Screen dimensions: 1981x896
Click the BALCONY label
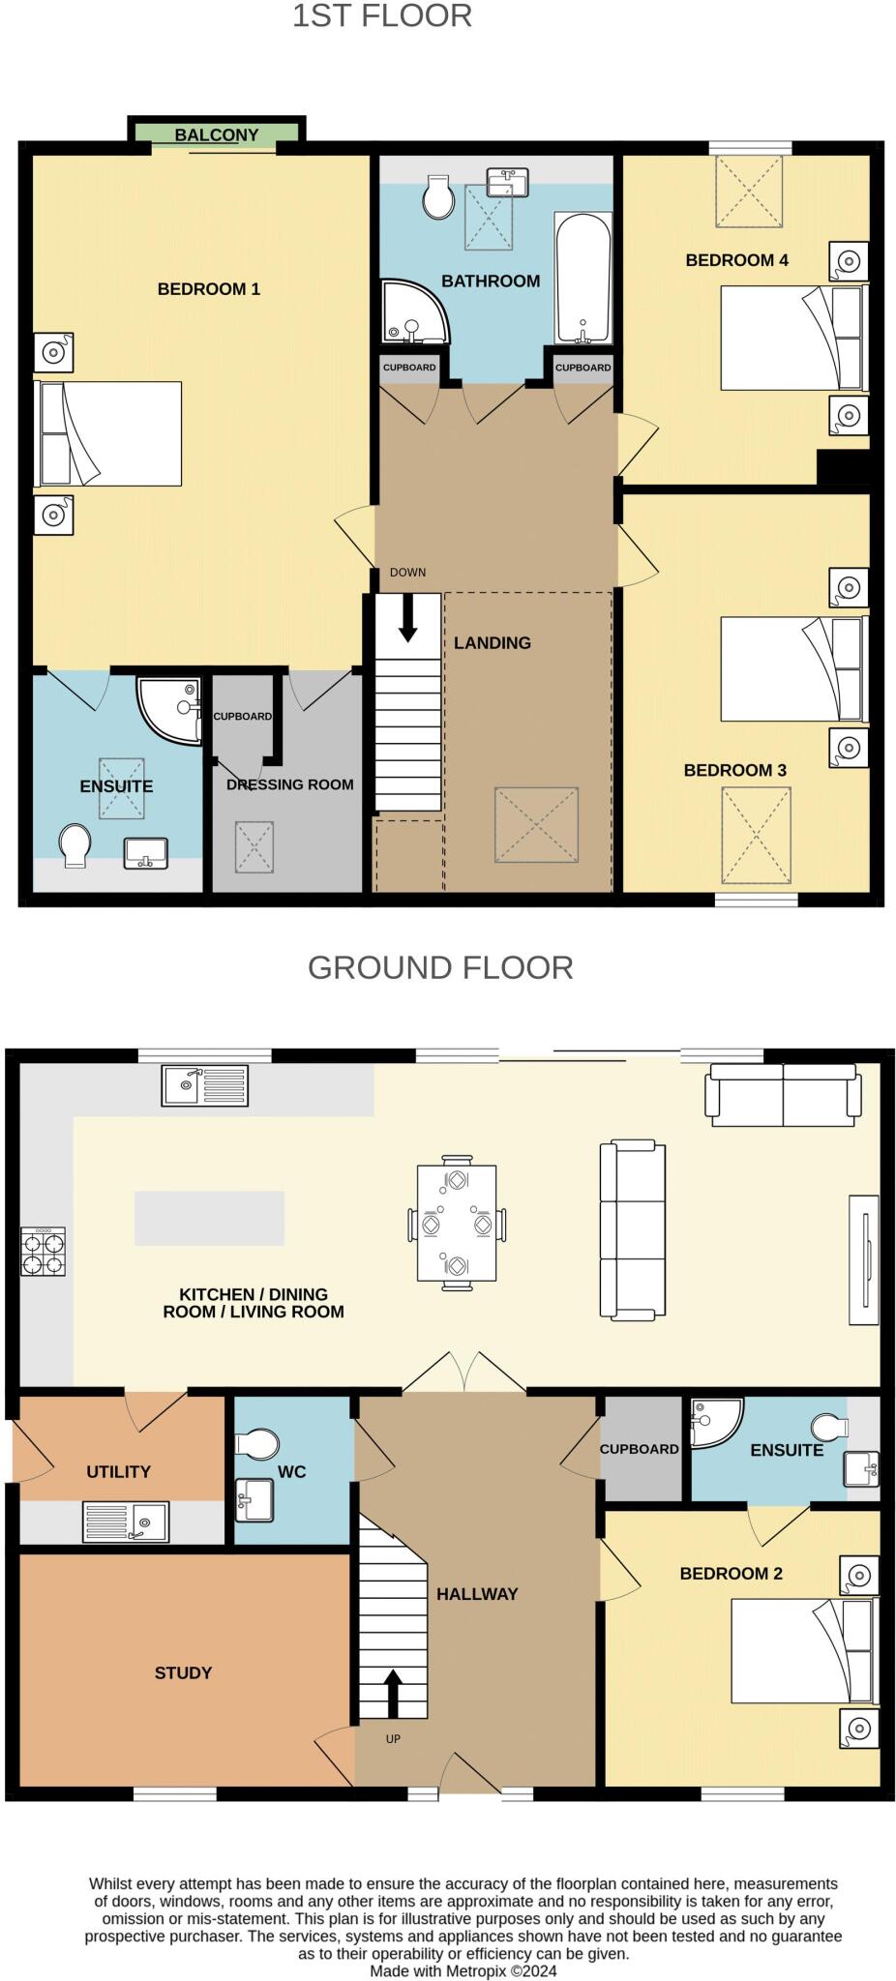tap(216, 134)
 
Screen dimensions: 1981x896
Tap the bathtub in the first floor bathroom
tap(582, 279)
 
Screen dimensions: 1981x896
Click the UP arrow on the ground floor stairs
tap(393, 1691)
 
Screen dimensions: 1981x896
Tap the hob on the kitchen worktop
tap(43, 1252)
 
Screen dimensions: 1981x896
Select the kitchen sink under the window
tap(205, 1085)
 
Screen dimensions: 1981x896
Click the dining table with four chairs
tap(457, 1225)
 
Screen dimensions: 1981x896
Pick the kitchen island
tap(209, 1218)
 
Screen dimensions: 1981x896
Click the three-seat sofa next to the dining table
tap(633, 1229)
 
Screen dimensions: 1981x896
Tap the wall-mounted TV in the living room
tap(864, 1259)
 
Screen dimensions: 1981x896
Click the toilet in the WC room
tap(256, 1444)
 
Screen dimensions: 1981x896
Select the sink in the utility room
tap(126, 1522)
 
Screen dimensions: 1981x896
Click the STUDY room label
tap(183, 1672)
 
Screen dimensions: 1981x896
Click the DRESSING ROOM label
tap(290, 784)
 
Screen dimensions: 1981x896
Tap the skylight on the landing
tap(536, 824)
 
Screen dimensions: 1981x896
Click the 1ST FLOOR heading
tap(382, 16)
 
